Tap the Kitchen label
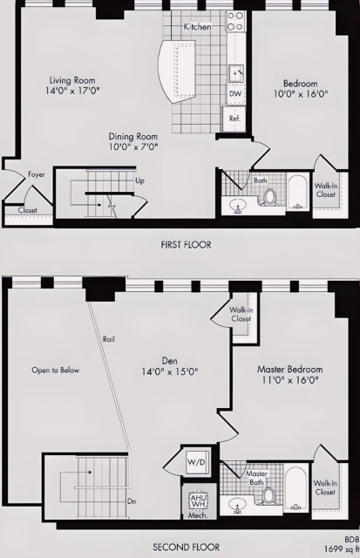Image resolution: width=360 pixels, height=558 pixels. coord(197,27)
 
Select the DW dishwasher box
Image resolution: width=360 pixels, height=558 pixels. coord(235,92)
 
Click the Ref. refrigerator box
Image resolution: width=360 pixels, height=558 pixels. coord(235,118)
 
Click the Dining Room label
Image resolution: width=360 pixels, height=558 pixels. coord(132,142)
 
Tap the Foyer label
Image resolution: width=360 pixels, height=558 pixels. coord(36,174)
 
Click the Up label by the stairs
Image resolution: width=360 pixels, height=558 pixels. coord(139,181)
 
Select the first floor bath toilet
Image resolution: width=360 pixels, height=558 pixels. coord(269,196)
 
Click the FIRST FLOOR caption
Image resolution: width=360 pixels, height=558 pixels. coord(186,245)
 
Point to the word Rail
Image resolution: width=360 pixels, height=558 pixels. coord(109,338)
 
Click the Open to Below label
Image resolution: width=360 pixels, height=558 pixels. coord(55,370)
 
